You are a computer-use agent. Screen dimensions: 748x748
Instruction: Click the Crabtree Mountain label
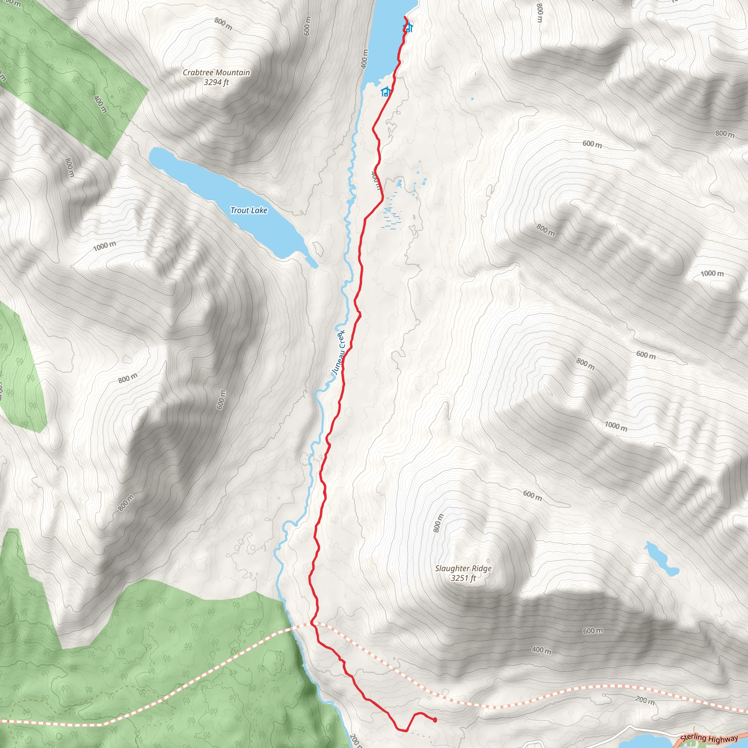click(x=216, y=72)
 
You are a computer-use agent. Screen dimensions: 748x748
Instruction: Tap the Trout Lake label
click(x=249, y=210)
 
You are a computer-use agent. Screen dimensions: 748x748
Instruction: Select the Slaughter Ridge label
click(x=463, y=568)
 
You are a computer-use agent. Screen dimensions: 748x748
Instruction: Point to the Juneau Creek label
click(x=338, y=352)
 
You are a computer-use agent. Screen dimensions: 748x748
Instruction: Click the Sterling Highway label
click(x=709, y=738)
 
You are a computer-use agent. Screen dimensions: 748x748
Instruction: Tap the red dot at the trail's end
click(x=435, y=720)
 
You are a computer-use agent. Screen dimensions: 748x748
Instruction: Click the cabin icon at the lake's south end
click(x=386, y=92)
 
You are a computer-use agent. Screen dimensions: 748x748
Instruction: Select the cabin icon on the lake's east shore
click(x=408, y=27)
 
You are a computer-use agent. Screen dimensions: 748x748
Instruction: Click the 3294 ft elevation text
click(x=216, y=82)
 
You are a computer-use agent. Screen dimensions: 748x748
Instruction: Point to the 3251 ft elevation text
click(x=463, y=578)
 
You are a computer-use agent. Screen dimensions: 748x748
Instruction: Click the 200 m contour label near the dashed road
click(x=645, y=700)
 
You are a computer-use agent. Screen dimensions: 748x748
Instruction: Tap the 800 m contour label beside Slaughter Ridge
click(x=438, y=523)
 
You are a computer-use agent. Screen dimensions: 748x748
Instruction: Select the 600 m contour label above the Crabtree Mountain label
click(x=308, y=26)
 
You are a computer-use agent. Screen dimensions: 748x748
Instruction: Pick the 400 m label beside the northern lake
click(x=364, y=59)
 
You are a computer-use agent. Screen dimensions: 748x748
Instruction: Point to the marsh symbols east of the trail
click(x=392, y=213)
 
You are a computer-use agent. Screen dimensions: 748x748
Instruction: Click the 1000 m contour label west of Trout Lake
click(x=104, y=246)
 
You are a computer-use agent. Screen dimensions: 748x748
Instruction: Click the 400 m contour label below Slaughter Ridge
click(x=541, y=650)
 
